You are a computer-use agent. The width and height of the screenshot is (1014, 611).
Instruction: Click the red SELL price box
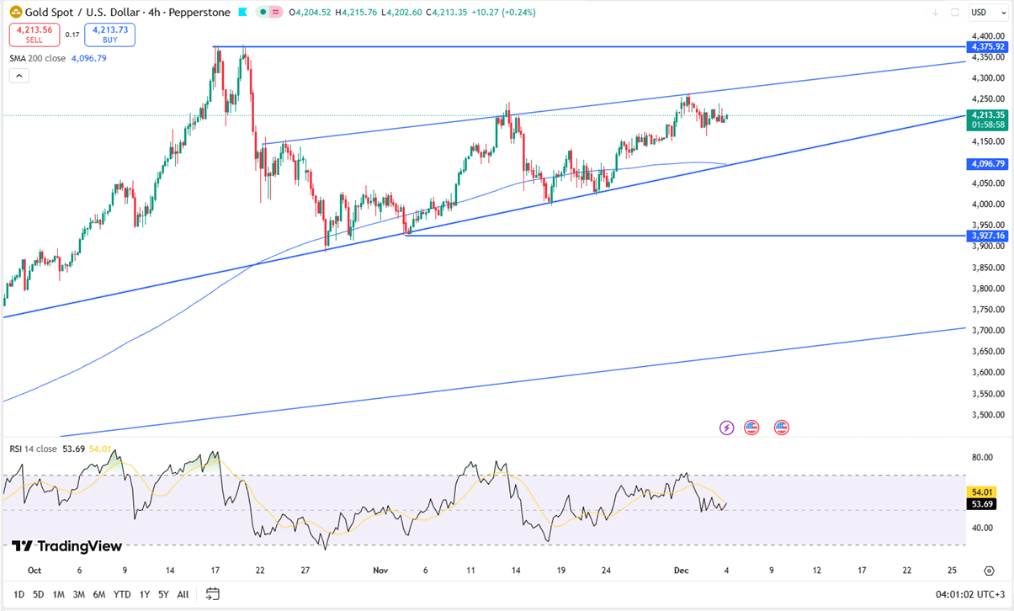(34, 35)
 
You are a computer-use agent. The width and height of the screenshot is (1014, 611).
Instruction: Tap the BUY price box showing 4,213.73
(109, 35)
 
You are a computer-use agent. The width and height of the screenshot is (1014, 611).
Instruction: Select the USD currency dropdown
(988, 13)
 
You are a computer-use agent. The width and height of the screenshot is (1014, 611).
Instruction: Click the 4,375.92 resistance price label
(987, 47)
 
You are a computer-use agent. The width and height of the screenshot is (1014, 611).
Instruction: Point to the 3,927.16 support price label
(987, 236)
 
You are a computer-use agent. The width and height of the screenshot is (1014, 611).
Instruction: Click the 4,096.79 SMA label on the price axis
(987, 164)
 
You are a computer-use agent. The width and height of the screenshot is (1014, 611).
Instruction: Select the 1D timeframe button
(19, 594)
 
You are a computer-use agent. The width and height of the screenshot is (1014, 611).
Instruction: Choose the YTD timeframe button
(121, 594)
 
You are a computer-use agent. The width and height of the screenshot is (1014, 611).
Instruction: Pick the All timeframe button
(183, 594)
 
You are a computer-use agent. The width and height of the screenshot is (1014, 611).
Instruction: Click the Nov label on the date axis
(380, 571)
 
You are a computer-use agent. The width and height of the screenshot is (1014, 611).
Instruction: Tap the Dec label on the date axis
(682, 571)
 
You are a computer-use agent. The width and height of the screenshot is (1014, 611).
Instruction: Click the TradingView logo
(67, 546)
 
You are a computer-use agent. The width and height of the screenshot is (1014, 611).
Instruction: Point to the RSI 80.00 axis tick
(981, 458)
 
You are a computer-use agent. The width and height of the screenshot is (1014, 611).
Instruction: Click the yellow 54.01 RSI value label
(983, 491)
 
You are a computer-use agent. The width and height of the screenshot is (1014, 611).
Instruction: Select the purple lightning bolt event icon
(727, 428)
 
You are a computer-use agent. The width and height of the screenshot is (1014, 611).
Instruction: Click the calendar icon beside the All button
(212, 594)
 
